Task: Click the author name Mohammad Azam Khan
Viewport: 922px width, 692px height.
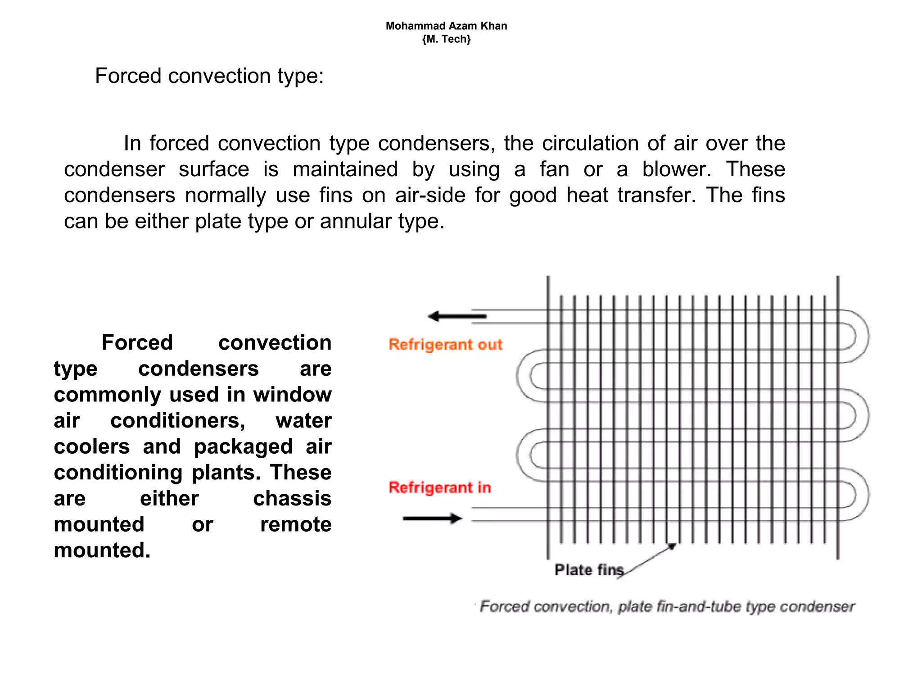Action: pyautogui.click(x=446, y=26)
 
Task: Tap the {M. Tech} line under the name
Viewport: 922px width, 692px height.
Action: pyautogui.click(x=446, y=39)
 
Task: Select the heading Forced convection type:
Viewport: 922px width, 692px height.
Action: pyautogui.click(x=209, y=76)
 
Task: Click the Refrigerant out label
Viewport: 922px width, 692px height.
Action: pyautogui.click(x=445, y=345)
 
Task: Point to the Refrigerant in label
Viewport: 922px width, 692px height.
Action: pyautogui.click(x=439, y=487)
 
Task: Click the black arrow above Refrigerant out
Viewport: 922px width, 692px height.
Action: pyautogui.click(x=456, y=316)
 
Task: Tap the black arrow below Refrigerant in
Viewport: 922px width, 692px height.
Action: pyautogui.click(x=432, y=519)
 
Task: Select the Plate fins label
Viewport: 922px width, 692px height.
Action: pyautogui.click(x=589, y=570)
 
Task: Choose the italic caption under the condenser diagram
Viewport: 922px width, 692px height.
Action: pyautogui.click(x=667, y=606)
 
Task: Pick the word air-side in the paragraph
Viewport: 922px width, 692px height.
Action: pyautogui.click(x=430, y=196)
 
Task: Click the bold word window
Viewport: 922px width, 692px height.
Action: pyautogui.click(x=292, y=395)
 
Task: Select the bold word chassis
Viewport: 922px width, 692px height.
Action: pyautogui.click(x=292, y=499)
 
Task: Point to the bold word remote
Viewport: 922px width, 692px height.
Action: pyautogui.click(x=296, y=524)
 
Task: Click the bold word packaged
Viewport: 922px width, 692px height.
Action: pyautogui.click(x=243, y=447)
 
